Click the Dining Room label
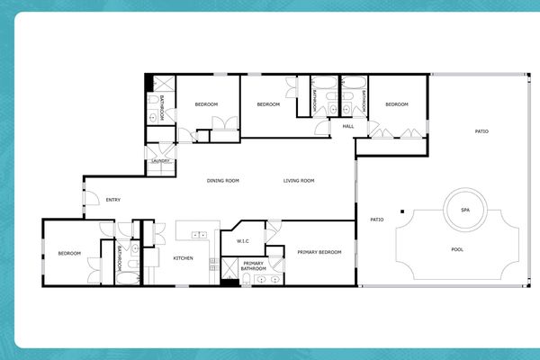223,181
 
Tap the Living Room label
299,181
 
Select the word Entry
113,200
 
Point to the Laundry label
162,162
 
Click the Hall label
347,127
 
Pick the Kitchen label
183,258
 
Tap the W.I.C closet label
243,241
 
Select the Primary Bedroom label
319,253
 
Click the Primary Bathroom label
254,266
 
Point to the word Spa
465,210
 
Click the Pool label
457,249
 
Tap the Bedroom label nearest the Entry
70,254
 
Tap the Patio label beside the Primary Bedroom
377,220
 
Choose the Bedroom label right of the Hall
397,104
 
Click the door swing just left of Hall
323,129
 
